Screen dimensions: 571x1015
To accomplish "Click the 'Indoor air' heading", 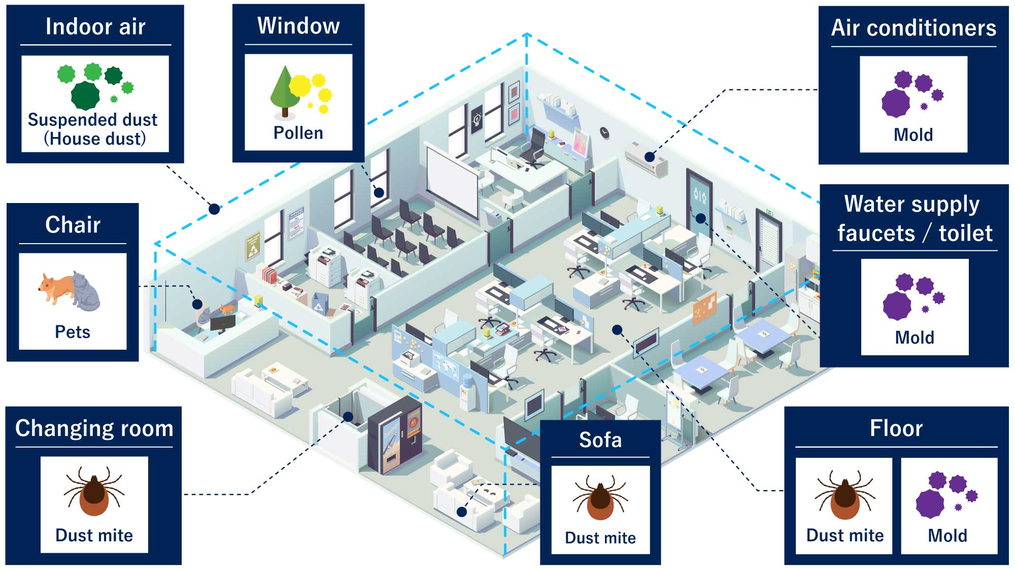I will point(95,26).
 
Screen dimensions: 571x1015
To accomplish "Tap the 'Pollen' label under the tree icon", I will point(298,133).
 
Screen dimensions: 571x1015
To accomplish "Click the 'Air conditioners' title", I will point(913,28).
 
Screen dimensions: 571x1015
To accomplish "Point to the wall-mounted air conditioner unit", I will point(646,158).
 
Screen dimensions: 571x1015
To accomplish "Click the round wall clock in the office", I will point(604,132).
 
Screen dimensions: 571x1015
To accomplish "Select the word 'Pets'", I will point(72,332).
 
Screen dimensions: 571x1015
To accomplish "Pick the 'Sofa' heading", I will point(600,440).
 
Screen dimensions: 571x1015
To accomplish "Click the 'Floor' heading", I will point(896,428).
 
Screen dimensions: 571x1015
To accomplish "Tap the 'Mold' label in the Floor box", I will point(947,535).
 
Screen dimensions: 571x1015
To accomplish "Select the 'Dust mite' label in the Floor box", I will point(844,535).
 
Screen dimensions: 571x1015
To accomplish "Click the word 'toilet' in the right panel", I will point(965,233).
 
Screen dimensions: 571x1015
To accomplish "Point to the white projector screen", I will point(452,180).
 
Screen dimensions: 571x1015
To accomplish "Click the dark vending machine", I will point(395,435).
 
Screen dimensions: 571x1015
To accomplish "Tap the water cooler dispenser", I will point(466,391).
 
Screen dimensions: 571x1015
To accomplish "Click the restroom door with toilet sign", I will point(699,203).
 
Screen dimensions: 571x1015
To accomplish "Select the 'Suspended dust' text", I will point(92,120).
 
